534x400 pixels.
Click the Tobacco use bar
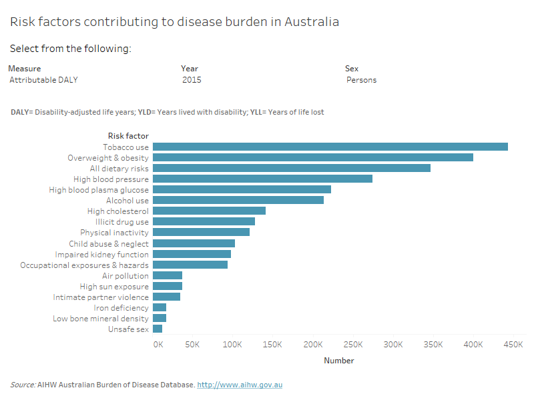click(330, 147)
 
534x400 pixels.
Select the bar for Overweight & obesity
click(312, 157)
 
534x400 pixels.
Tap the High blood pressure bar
click(262, 179)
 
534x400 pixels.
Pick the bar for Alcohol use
click(238, 200)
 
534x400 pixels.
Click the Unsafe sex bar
click(158, 329)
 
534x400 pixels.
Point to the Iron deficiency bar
click(160, 307)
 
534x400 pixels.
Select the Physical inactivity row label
click(114, 233)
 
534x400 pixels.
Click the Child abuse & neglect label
click(109, 243)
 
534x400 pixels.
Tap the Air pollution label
click(125, 275)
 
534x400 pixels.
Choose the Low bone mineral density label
click(101, 319)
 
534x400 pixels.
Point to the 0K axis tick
click(158, 345)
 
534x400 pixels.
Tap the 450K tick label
click(513, 345)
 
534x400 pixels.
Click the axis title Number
click(339, 361)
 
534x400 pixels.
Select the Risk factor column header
click(128, 136)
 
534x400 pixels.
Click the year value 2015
click(192, 80)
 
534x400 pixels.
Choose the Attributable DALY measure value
click(44, 80)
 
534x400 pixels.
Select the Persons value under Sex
click(361, 80)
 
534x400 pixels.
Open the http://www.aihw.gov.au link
click(240, 385)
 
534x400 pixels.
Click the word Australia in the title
click(312, 21)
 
